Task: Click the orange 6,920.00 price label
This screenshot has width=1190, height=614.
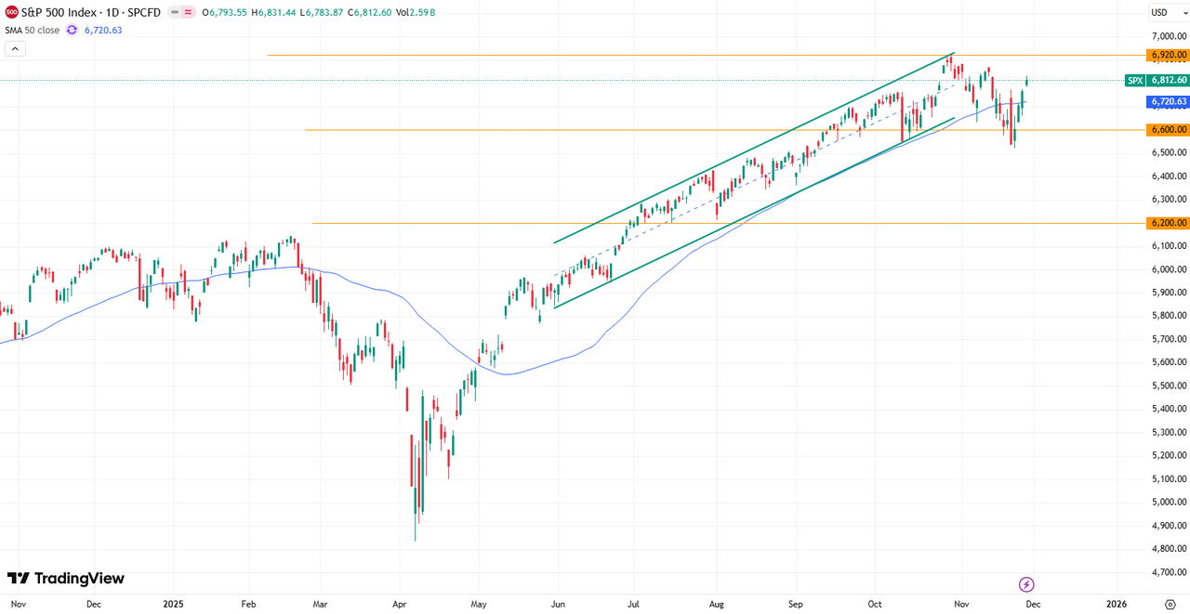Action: click(1168, 56)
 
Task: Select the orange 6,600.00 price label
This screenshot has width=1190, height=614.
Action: click(1168, 130)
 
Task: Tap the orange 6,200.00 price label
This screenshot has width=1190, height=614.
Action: click(1168, 223)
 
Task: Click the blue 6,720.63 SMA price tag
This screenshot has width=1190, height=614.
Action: click(1168, 101)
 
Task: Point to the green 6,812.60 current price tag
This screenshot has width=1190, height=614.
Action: click(1168, 81)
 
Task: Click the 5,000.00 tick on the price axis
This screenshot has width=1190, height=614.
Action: click(1168, 503)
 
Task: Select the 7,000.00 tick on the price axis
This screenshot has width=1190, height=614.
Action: click(1168, 36)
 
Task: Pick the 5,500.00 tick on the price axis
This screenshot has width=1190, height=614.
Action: click(1168, 385)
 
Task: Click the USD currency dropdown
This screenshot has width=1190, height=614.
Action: click(1163, 12)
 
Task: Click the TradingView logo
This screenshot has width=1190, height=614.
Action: click(65, 579)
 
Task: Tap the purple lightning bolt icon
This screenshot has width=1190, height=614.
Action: click(1026, 584)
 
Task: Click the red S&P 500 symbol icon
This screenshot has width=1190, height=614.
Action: click(12, 12)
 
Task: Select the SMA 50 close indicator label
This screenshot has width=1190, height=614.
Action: click(33, 30)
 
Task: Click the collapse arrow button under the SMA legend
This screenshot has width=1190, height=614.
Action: click(14, 48)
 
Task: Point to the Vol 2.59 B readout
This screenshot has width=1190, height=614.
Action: click(416, 12)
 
